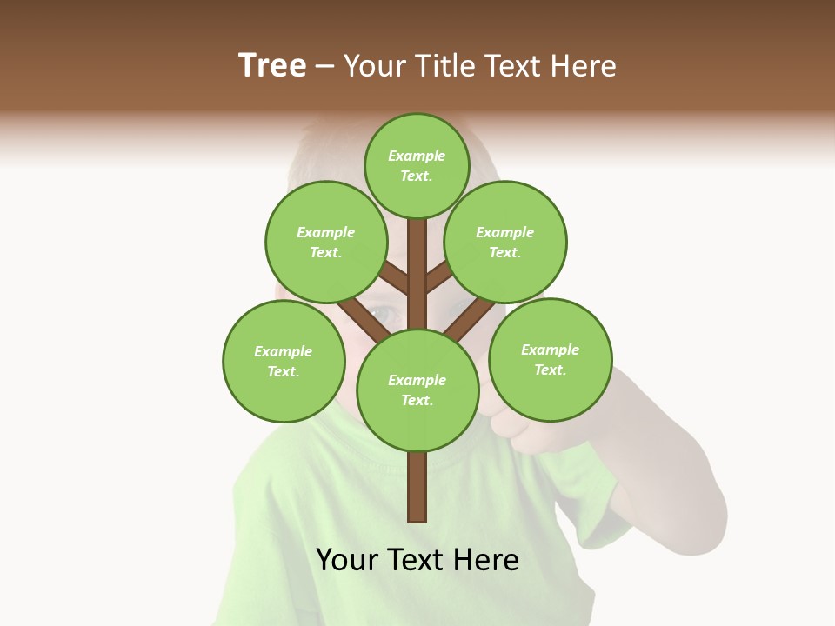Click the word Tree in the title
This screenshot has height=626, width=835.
(x=272, y=65)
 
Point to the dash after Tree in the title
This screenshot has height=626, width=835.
(x=324, y=67)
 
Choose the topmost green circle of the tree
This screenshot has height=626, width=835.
(x=417, y=165)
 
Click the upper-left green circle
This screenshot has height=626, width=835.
(x=325, y=242)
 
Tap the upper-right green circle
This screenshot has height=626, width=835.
(x=504, y=242)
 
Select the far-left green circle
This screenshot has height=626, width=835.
(x=284, y=361)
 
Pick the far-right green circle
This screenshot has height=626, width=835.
(x=550, y=359)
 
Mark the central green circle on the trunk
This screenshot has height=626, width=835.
(x=417, y=390)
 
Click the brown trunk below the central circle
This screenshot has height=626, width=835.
(x=417, y=487)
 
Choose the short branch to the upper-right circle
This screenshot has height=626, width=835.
(x=438, y=278)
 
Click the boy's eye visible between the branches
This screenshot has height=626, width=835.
(x=380, y=311)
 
